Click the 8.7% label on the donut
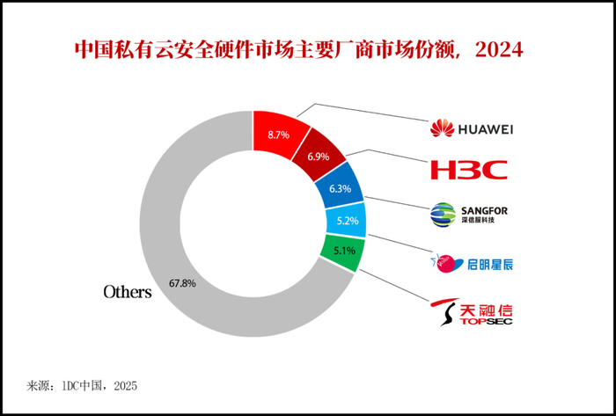278,135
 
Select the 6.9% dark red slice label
319,157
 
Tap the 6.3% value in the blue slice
341,189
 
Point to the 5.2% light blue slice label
348,221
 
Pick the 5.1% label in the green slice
345,250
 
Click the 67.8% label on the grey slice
183,283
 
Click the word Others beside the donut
128,292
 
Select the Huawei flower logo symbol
442,128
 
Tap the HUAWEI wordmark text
485,129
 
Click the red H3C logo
469,170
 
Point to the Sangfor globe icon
444,215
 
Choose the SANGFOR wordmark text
484,211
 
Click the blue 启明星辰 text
490,265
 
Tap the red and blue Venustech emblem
447,263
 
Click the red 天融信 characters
486,310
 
